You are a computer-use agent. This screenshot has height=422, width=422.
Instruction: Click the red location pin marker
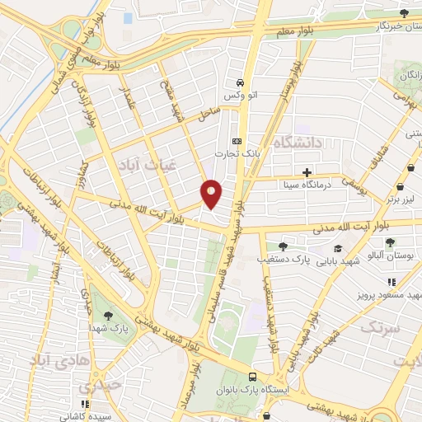[x=212, y=194]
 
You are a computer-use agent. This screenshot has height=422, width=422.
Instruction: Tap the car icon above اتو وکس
[x=239, y=82]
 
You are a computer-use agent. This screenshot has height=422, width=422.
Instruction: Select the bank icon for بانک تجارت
[x=237, y=140]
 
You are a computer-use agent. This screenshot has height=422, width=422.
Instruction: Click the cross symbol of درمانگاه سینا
[x=307, y=173]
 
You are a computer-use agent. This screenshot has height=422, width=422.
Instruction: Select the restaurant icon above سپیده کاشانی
[x=102, y=402]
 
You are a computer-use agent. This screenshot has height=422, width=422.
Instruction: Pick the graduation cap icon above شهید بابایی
[x=338, y=248]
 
